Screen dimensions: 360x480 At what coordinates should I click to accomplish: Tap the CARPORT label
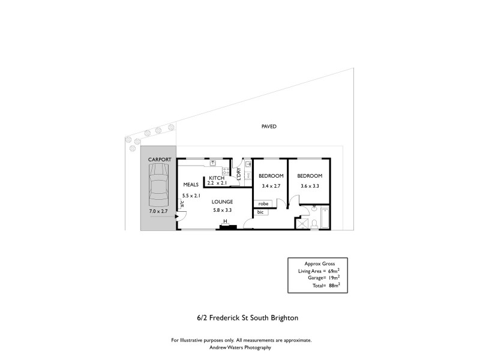[158, 159]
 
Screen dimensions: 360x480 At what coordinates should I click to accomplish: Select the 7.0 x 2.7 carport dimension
[158, 211]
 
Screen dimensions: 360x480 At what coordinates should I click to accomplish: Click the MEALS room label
[191, 185]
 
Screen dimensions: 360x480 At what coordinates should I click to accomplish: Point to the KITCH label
[216, 178]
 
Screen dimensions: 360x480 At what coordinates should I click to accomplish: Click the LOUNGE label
[222, 202]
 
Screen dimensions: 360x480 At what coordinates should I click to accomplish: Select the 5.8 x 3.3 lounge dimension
[222, 210]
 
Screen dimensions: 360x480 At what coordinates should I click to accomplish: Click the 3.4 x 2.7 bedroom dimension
[271, 186]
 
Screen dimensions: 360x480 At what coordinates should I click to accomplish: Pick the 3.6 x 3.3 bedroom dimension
[310, 186]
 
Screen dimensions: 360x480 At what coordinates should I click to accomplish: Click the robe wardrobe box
[263, 204]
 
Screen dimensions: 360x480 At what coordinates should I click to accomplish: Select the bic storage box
[260, 212]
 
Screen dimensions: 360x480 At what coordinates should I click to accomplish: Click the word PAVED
[268, 127]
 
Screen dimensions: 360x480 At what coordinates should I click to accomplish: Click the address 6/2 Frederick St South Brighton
[239, 317]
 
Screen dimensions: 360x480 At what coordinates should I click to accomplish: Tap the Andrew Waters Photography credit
[241, 347]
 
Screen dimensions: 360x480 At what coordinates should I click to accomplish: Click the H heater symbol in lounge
[224, 221]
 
